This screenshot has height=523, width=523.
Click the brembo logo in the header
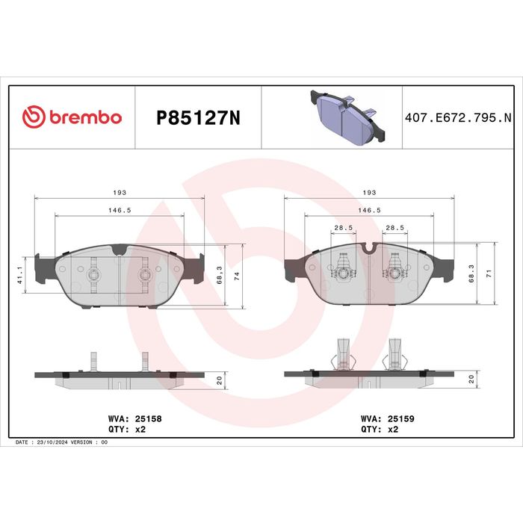72,117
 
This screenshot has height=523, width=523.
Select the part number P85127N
198,118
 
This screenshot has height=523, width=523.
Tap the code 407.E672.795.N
458,118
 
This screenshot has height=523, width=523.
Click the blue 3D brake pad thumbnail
347,117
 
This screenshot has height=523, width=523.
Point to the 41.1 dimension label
20,276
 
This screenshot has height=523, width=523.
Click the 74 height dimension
237,276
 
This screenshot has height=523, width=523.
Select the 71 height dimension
489,274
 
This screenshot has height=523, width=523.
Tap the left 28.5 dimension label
344,228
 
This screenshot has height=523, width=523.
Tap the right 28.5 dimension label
395,228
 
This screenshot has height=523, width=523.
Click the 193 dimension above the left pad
120,193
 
